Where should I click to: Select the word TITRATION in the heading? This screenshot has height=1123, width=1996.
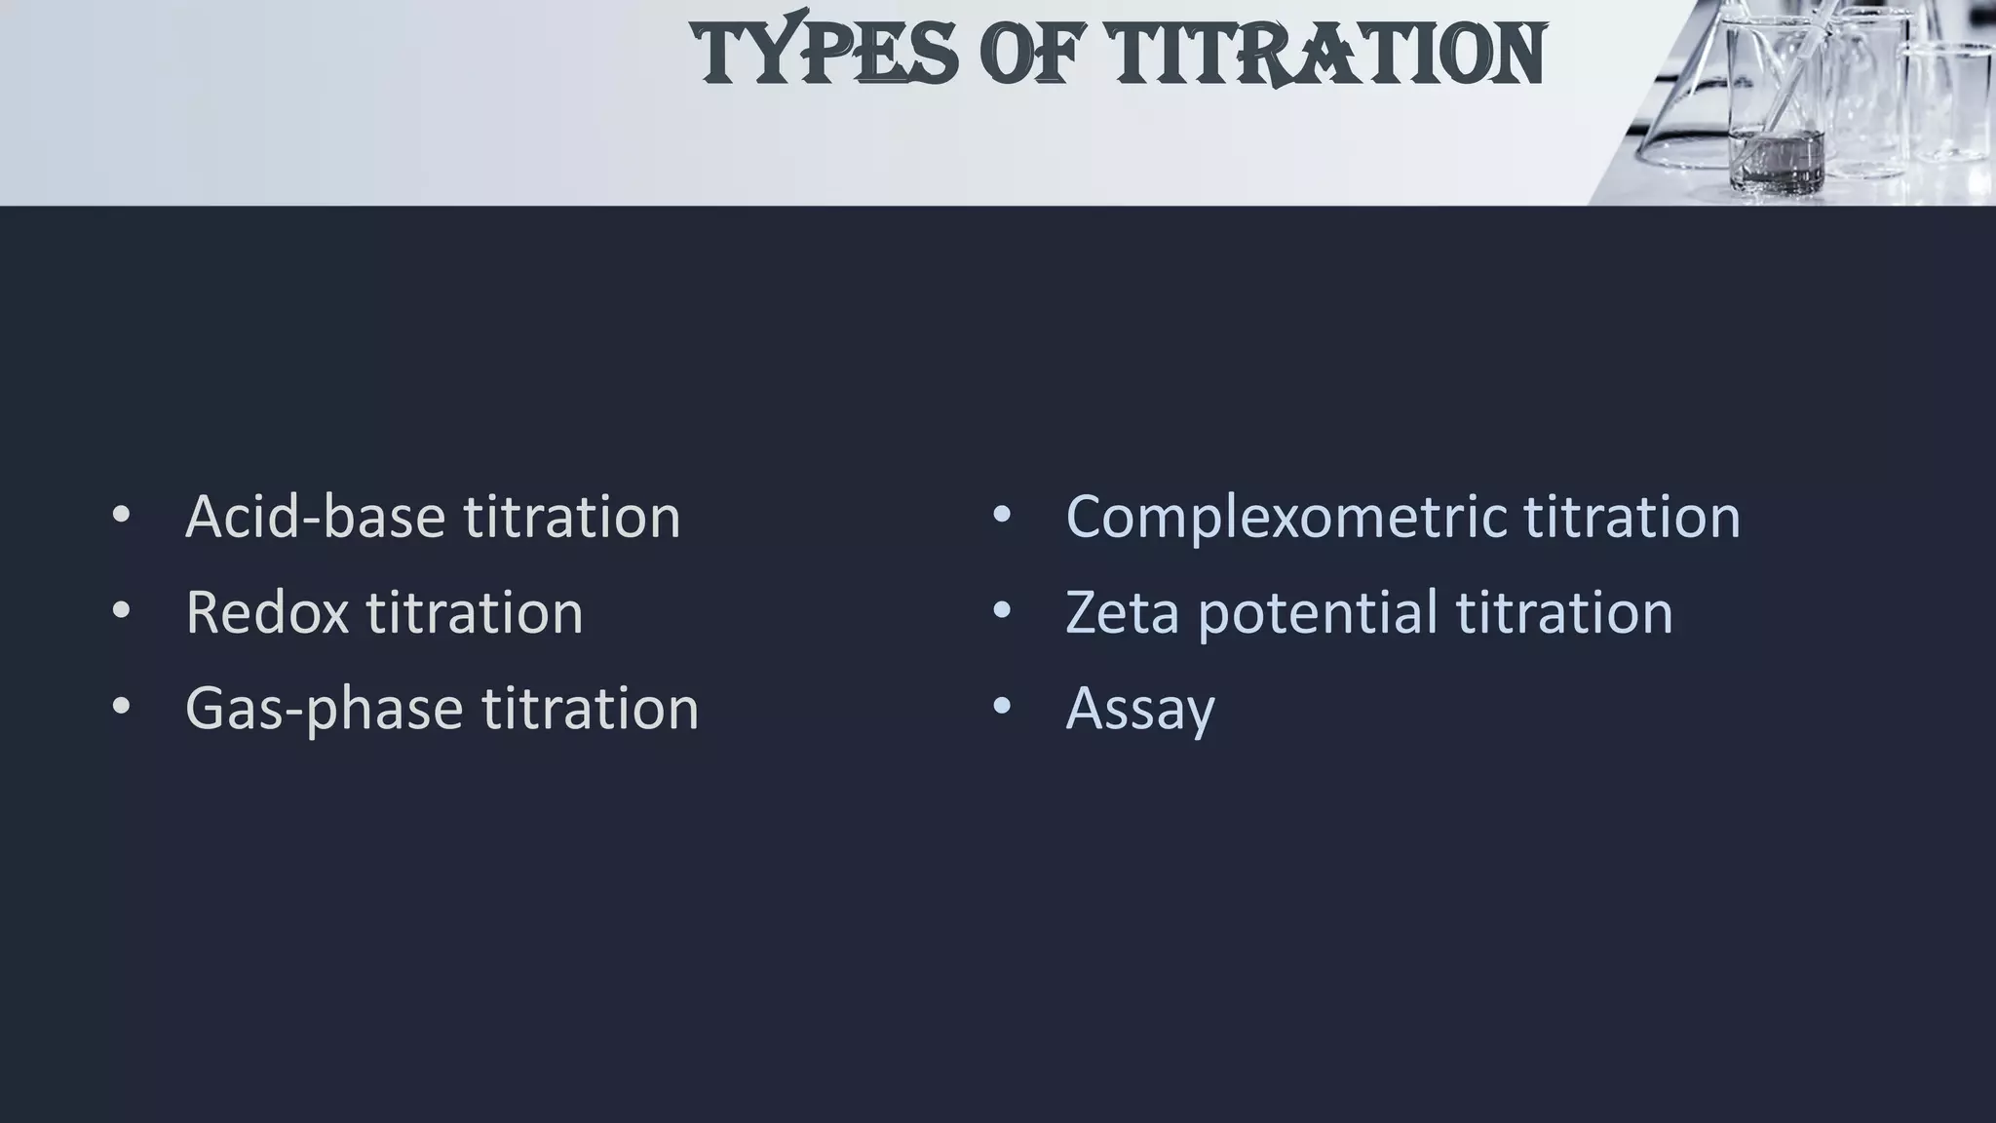click(1326, 54)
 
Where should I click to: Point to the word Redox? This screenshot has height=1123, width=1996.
click(267, 612)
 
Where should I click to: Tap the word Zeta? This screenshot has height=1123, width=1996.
click(1122, 612)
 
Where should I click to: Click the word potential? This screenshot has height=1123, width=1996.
click(1317, 614)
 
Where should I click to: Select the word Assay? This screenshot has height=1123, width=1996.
click(1140, 709)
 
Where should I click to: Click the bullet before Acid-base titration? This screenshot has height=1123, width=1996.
click(121, 516)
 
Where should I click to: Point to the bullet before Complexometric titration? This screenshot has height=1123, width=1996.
click(1001, 516)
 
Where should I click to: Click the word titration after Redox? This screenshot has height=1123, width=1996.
click(475, 612)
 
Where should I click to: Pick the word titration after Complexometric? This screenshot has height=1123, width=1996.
click(1632, 516)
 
